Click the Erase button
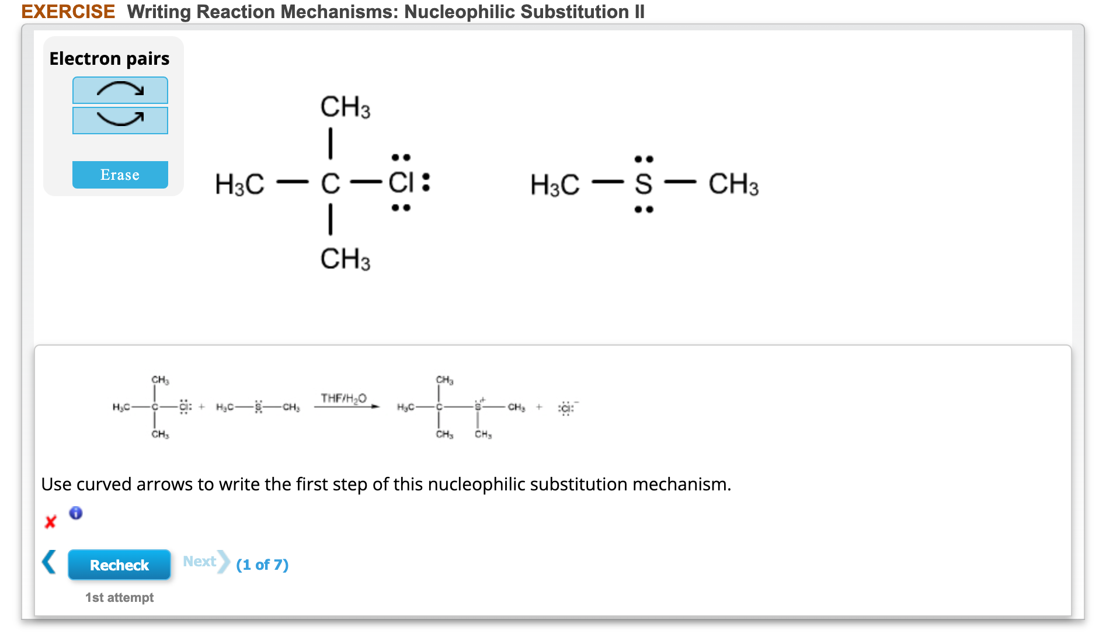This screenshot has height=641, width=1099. tap(120, 175)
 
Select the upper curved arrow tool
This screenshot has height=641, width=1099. tap(120, 90)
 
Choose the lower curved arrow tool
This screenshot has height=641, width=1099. tap(120, 120)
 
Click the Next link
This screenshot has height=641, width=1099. tap(200, 562)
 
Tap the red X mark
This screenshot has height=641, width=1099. tap(51, 521)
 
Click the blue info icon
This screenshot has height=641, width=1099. tap(76, 513)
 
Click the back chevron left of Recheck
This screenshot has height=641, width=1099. tap(50, 562)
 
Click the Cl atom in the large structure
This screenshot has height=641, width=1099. tap(401, 183)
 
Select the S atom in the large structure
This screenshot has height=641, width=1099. tap(644, 184)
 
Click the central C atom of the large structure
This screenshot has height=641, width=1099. tap(331, 184)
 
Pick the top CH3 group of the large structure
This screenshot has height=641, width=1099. tap(345, 107)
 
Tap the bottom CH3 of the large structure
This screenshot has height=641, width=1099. tap(345, 259)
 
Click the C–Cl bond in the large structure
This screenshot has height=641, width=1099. tap(366, 183)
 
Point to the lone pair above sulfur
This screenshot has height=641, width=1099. tap(644, 159)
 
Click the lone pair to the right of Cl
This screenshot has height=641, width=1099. tap(426, 182)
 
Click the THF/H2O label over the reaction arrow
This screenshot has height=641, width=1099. tap(343, 398)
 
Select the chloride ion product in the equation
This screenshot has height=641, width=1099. tap(566, 408)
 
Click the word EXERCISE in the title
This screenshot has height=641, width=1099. tap(68, 12)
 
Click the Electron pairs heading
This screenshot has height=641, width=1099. tap(109, 59)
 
